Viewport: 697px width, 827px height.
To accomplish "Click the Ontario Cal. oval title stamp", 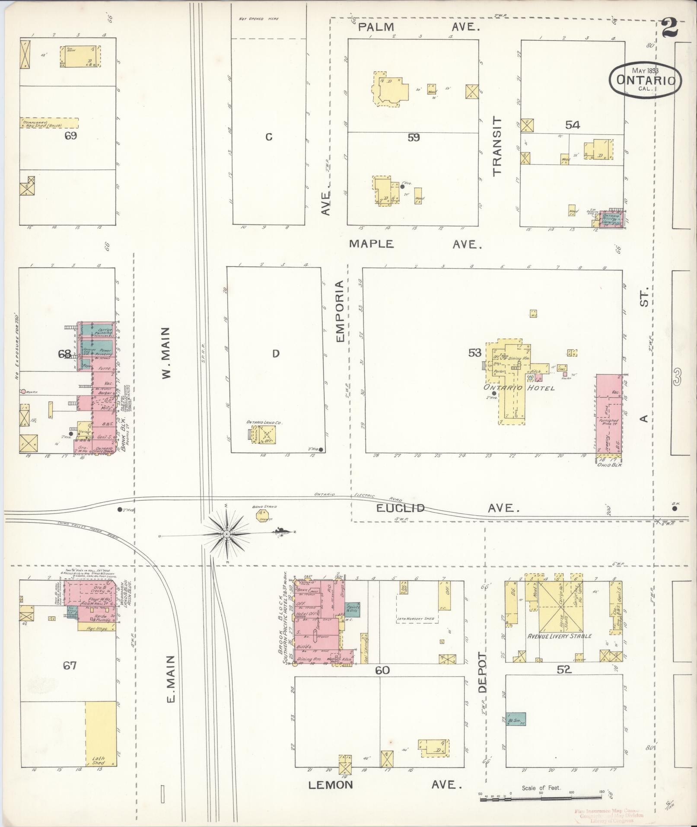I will click(645, 79).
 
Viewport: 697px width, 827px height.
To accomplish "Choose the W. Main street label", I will click(167, 352).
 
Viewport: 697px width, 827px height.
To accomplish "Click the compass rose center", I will click(226, 534).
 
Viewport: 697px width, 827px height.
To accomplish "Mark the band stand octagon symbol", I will click(261, 515).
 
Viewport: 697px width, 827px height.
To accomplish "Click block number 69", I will click(70, 136).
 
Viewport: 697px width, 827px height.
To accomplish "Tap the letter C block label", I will click(269, 137).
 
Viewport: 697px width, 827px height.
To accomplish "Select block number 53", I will click(474, 353).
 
